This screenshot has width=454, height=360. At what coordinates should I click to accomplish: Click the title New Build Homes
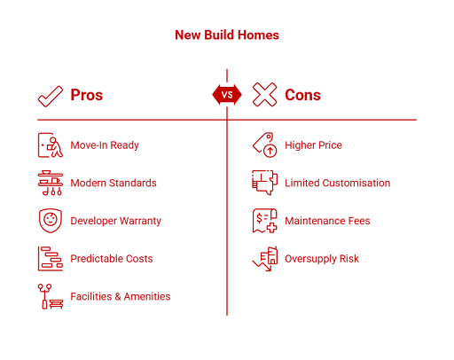[227, 35]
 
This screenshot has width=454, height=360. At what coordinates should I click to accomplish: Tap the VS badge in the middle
[227, 95]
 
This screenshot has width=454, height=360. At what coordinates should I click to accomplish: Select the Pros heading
[87, 95]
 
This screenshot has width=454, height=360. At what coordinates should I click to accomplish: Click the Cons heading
[302, 95]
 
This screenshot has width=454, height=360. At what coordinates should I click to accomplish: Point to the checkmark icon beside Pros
[51, 97]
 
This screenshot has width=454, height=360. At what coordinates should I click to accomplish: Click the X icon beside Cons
[264, 95]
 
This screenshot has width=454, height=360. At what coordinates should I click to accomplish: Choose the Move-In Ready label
[105, 145]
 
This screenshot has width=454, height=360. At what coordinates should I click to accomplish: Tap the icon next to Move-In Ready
[51, 145]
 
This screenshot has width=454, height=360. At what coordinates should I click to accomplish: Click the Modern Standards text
[113, 183]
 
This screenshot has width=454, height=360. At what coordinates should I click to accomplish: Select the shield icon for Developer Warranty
[51, 221]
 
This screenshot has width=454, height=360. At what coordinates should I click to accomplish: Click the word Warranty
[141, 221]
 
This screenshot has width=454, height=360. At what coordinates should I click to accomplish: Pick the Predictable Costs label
[112, 259]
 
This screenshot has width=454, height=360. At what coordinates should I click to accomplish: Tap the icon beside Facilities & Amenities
[51, 296]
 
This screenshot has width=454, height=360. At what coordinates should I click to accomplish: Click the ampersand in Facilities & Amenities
[118, 296]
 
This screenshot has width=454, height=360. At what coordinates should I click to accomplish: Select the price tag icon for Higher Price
[265, 145]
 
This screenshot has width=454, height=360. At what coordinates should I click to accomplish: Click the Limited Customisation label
[338, 183]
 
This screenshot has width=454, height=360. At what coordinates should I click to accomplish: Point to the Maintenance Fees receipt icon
[265, 221]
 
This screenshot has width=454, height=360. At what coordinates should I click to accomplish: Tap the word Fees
[359, 221]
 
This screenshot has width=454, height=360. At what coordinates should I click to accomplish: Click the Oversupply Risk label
[322, 259]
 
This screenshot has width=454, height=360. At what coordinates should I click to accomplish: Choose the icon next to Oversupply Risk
[265, 259]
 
